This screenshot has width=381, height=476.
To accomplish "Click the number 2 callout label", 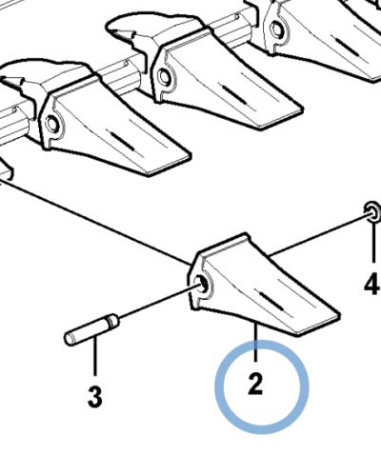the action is pos(255,385).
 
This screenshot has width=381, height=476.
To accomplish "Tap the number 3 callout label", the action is pos(95,397).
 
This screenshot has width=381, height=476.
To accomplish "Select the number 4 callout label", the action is pos(372,284).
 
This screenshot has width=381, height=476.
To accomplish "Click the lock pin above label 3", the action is pos(91,329).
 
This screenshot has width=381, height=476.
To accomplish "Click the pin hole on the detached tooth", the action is pos(203,284).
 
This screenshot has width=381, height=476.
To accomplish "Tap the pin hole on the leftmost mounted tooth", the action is pos(51,124).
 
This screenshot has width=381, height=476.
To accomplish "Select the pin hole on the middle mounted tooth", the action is pos(164,77).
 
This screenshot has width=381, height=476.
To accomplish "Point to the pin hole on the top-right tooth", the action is pos(277,30).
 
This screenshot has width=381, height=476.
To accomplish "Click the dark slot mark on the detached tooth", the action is pos(271,301).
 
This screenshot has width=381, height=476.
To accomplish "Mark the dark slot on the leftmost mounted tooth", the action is pos(123,141).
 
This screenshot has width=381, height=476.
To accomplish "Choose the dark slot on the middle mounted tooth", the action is pos(235,94).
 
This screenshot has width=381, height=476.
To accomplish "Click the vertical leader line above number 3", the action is pos(94,357).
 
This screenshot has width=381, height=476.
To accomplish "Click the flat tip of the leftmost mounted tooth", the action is pos(169,165).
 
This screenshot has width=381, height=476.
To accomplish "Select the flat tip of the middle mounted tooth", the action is pos(281,118).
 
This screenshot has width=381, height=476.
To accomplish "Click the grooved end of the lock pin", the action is pos(112,321).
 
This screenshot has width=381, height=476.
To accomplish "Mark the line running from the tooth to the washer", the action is pos(319,235).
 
